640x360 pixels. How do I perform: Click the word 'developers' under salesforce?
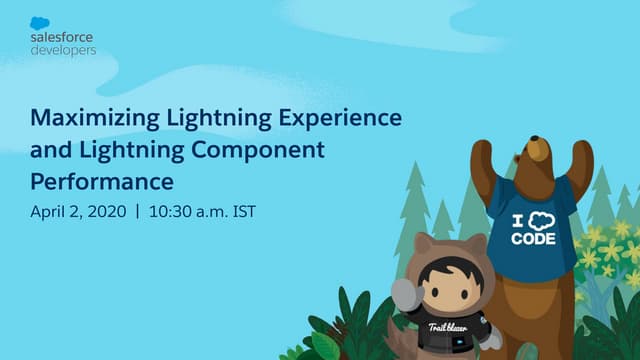pos(63,49)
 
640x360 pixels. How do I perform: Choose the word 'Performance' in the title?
pos(102,183)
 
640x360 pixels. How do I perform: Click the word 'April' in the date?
pos(50,213)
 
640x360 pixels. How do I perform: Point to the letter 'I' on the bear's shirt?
pos(518,221)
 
